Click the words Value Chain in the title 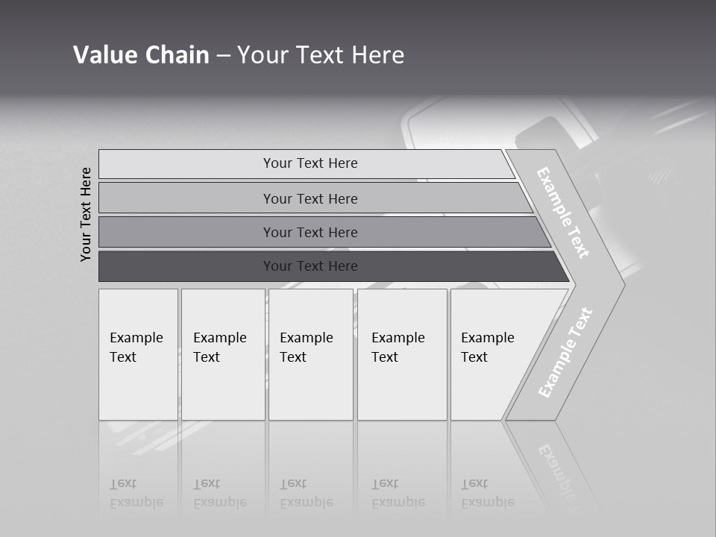point(141,55)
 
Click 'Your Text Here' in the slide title point(321,55)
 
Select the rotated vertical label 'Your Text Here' point(86,214)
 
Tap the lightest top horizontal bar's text point(310,163)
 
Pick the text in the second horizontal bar point(310,198)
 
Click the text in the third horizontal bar point(310,232)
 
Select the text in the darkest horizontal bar point(310,266)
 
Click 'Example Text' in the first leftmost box point(136,348)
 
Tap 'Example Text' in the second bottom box point(219,348)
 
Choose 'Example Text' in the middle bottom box point(306,348)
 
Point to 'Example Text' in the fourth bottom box point(398,348)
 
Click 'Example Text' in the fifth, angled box point(487,348)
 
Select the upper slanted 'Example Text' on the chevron point(563,213)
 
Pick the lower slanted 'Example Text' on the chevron point(565,352)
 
